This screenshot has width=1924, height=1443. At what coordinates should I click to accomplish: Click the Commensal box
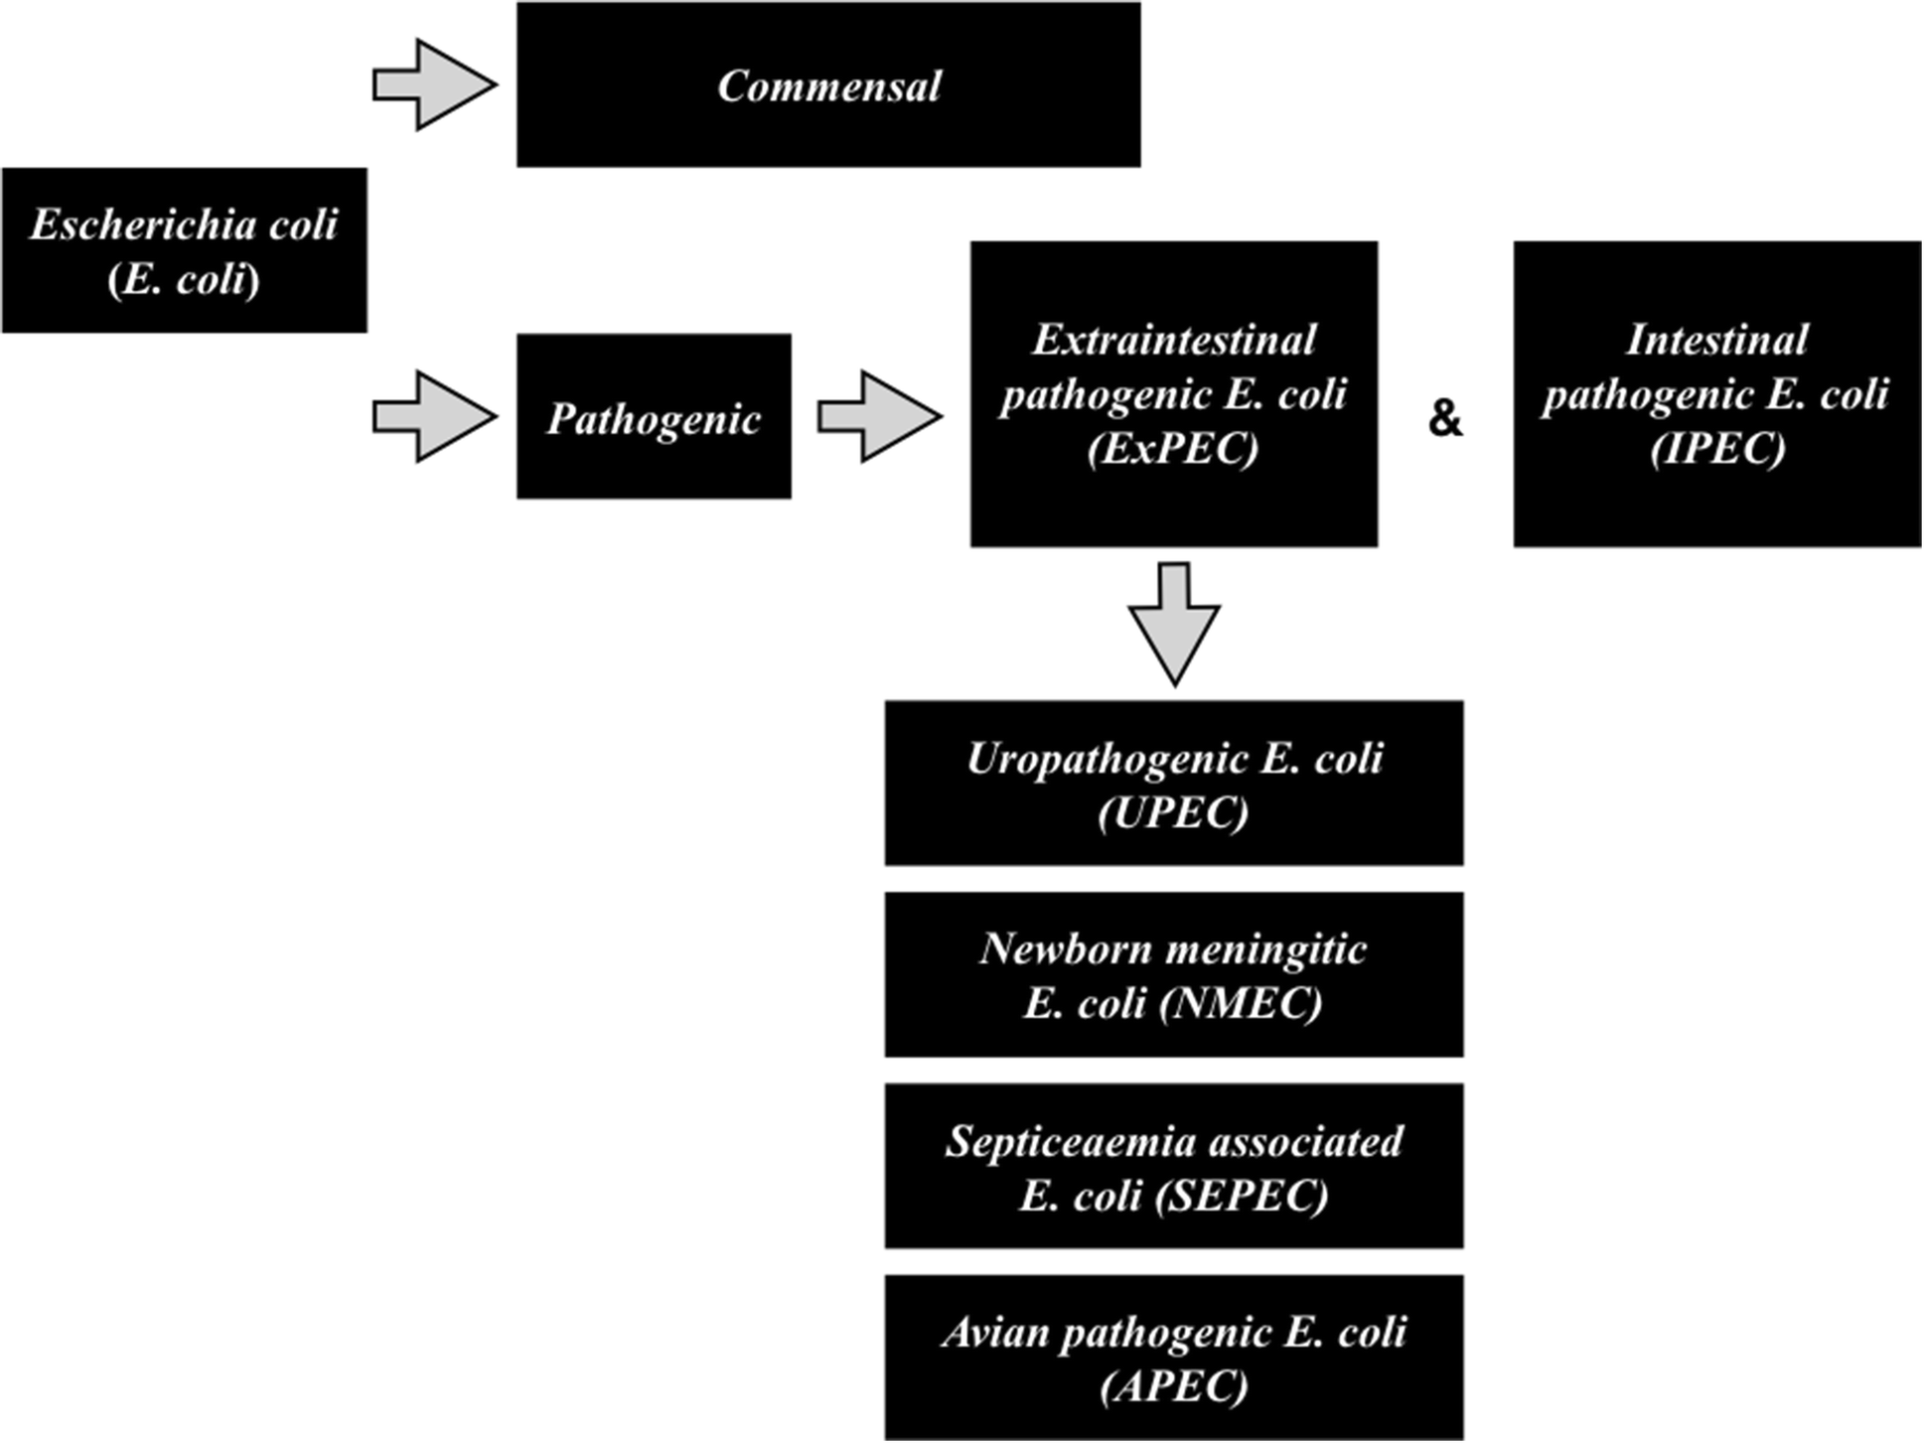point(827,85)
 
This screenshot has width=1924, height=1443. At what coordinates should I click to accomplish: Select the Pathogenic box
point(654,417)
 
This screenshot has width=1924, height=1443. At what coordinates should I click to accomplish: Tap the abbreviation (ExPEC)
point(1173,448)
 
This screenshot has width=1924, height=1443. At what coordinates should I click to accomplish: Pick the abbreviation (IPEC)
point(1717,448)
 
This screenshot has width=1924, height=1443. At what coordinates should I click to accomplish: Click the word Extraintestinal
point(1173,340)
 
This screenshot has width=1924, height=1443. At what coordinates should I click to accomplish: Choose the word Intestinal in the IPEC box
point(1717,340)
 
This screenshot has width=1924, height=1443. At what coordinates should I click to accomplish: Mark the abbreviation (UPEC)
point(1173,813)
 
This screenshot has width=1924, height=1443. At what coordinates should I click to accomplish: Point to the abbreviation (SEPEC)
point(1242,1196)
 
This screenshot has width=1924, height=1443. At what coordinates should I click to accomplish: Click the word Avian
point(996,1332)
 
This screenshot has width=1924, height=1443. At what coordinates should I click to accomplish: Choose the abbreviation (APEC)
point(1173,1386)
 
